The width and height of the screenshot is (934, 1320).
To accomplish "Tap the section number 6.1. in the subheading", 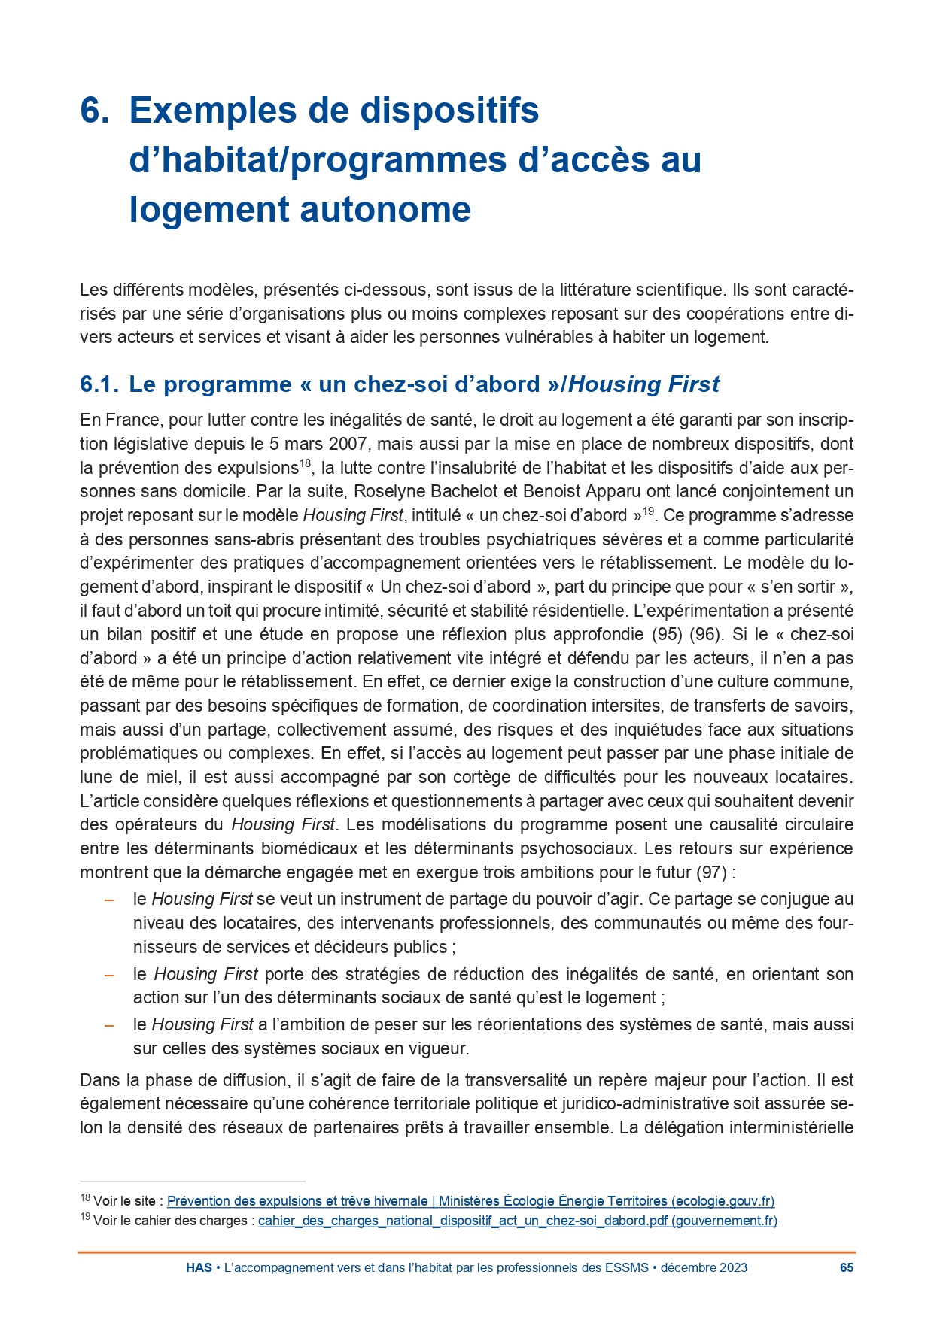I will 99,384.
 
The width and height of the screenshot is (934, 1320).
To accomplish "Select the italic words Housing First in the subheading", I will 644,384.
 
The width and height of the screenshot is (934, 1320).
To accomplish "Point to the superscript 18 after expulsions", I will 306,463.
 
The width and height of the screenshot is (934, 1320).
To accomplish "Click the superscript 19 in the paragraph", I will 648,511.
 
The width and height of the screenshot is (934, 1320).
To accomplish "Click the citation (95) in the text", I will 667,635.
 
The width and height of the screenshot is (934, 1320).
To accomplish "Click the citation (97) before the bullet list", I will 711,873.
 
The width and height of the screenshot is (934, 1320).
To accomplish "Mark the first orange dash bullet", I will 110,900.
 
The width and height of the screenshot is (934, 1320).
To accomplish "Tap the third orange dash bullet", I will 110,1025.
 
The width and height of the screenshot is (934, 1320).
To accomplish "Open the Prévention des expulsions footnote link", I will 470,1201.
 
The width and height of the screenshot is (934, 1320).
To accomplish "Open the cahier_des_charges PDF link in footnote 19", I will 517,1221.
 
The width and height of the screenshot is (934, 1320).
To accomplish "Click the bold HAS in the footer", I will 199,1267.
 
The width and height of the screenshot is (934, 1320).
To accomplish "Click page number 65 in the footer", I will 847,1267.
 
